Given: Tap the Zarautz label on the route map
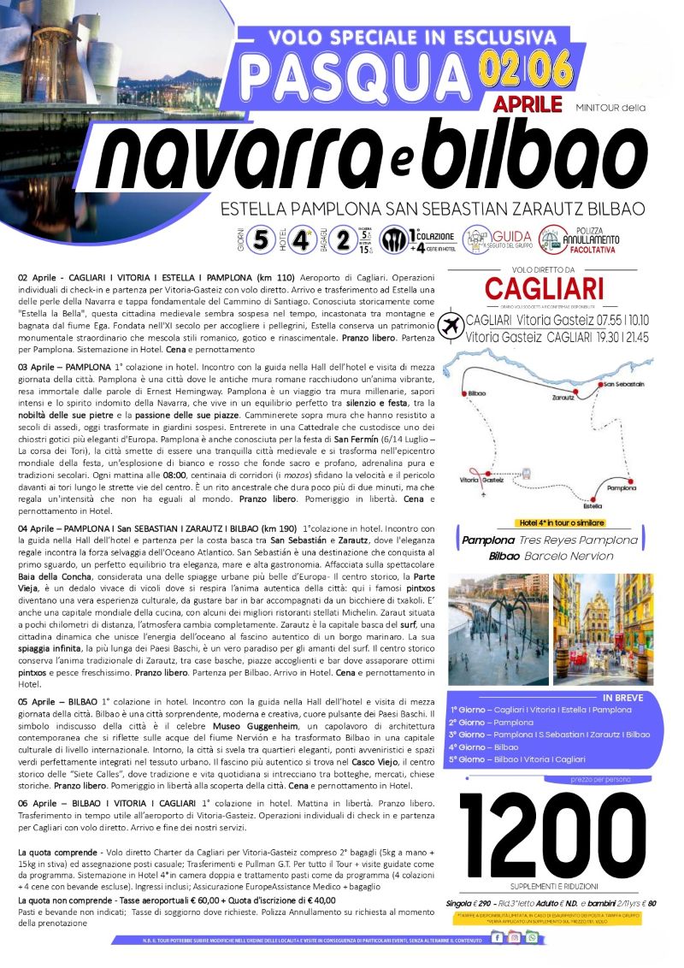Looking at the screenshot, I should coord(563,398).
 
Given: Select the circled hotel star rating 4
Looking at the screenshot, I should coord(299,237).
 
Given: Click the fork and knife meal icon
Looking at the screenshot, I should coord(395,237).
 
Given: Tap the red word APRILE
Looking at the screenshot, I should coord(528,104).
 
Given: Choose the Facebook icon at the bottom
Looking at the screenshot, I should coord(498,937).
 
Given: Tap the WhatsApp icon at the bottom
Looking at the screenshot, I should coord(533,937).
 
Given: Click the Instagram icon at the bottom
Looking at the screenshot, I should coord(515,937).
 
